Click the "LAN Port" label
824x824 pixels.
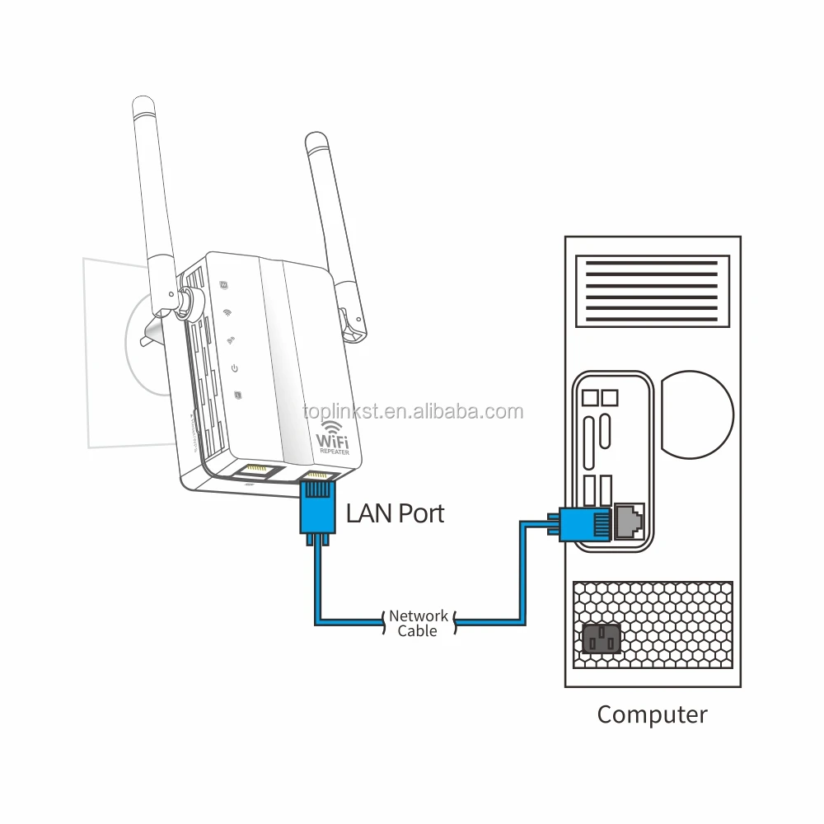(x=395, y=513)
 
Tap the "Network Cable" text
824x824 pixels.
(x=419, y=623)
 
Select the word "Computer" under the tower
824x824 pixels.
(x=652, y=714)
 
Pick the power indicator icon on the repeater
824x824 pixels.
(x=235, y=368)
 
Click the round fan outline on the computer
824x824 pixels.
(x=696, y=412)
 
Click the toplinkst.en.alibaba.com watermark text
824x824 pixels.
(x=412, y=411)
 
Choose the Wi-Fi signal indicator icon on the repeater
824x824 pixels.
(x=227, y=314)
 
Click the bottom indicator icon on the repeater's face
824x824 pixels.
(x=238, y=394)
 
